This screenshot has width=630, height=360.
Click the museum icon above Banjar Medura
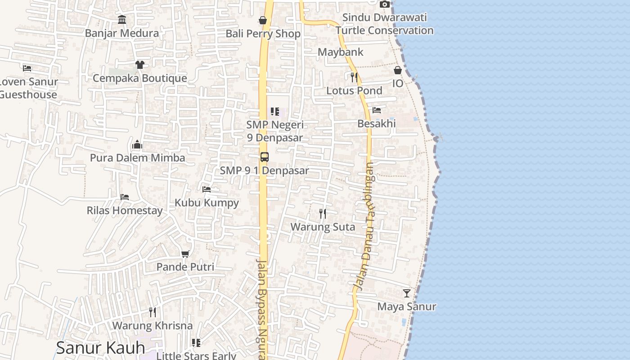point(122,19)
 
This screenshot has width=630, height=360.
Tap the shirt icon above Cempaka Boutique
point(139,65)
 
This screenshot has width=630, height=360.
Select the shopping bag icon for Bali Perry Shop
point(263,20)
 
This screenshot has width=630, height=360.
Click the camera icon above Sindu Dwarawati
point(384,4)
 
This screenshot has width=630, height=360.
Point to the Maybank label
point(340,52)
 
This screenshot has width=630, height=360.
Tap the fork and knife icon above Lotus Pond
point(354,77)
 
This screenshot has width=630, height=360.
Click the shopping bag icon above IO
point(398,70)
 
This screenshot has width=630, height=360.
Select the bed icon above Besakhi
point(377,110)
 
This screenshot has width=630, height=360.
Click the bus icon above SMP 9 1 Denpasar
point(265,157)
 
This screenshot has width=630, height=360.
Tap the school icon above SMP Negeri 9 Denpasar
point(274,111)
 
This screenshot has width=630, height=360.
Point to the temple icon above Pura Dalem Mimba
point(137,144)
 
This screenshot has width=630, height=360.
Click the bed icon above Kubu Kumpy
point(207,189)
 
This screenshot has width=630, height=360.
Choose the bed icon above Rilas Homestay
point(125,197)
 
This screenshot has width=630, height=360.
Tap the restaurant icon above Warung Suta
point(323,213)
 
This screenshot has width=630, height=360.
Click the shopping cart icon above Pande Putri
point(185,254)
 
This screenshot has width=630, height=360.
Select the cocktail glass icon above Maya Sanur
point(407,293)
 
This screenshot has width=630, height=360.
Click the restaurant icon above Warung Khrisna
point(153,312)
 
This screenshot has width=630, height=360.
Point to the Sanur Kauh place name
point(100,348)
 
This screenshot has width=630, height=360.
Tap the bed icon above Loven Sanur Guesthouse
point(27,68)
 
